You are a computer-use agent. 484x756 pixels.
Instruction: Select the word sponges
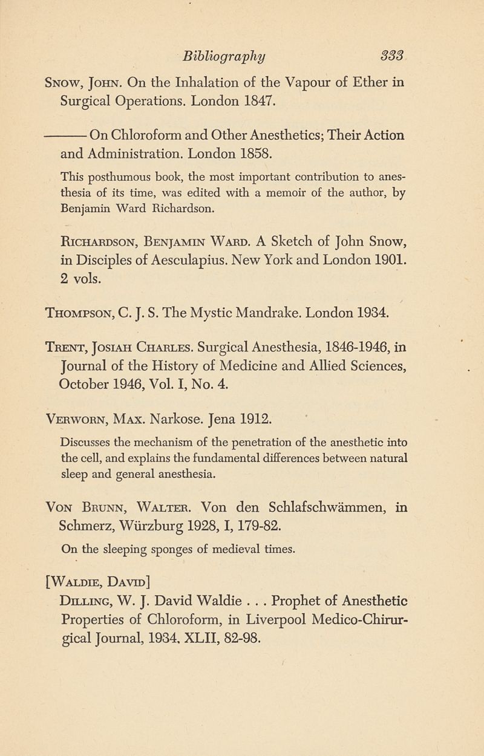point(189,549)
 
